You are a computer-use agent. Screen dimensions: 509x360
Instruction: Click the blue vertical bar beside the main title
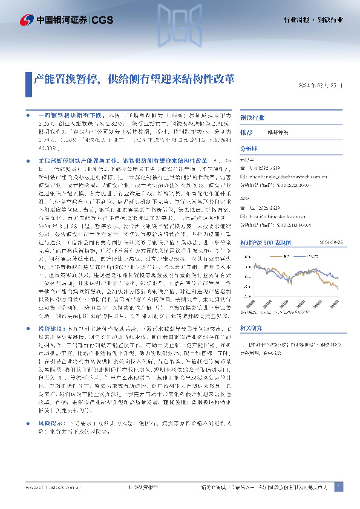pyautogui.click(x=28, y=79)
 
